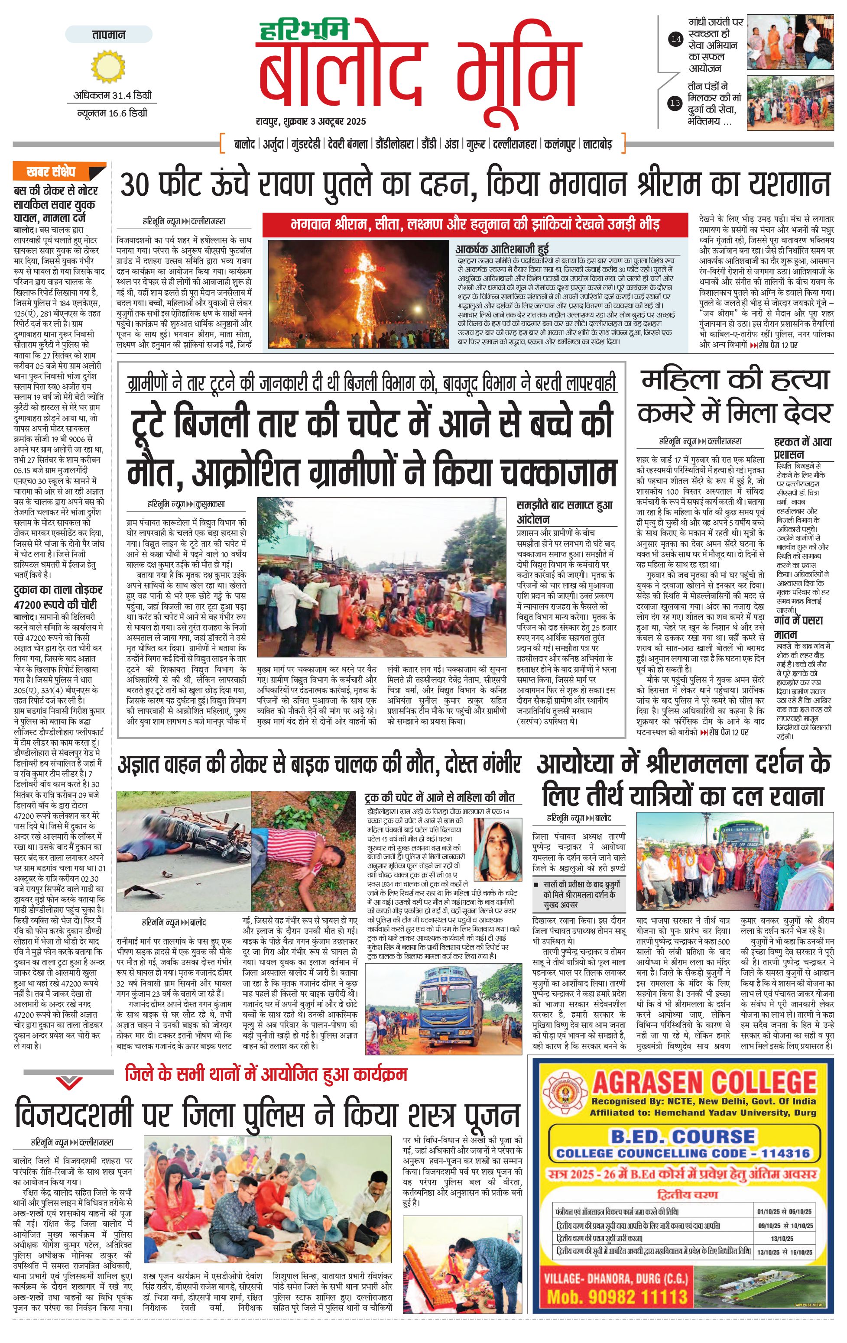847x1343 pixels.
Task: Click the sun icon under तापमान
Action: pos(105,66)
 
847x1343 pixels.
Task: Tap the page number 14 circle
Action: pos(676,39)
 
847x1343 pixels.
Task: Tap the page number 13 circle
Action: pos(676,103)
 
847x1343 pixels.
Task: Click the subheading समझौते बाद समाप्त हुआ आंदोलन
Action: pos(565,511)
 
